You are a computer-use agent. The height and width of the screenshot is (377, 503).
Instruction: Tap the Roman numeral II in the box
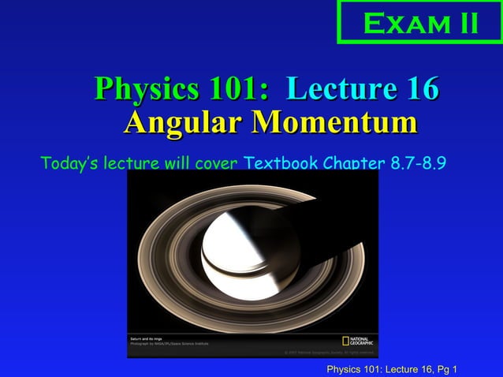click(463, 23)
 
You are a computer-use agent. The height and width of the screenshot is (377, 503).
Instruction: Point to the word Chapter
click(354, 164)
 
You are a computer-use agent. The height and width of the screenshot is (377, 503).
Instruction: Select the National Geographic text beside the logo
click(363, 342)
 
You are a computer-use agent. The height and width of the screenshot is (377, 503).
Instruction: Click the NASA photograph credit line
click(170, 343)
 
